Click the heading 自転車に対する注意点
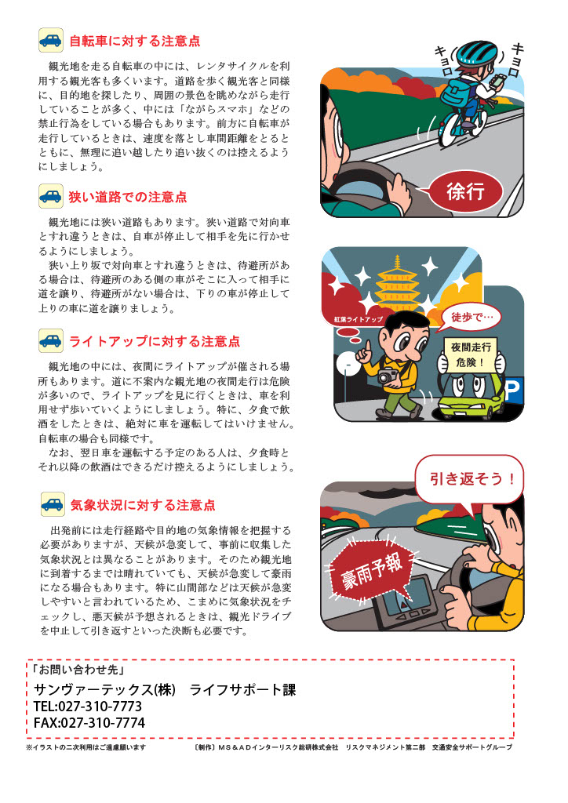pyautogui.click(x=135, y=41)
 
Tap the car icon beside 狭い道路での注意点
pyautogui.click(x=51, y=196)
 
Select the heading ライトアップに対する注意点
pyautogui.click(x=155, y=341)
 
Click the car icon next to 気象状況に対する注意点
pyautogui.click(x=53, y=504)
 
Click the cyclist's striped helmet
pyautogui.click(x=476, y=52)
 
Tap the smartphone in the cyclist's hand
pyautogui.click(x=498, y=80)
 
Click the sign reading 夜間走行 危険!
pyautogui.click(x=471, y=354)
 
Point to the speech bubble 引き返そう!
pyautogui.click(x=469, y=481)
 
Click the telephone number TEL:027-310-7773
pyautogui.click(x=88, y=707)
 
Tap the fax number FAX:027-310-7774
pyautogui.click(x=89, y=722)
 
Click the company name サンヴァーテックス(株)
pyautogui.click(x=104, y=689)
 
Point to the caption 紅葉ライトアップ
pyautogui.click(x=358, y=319)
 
